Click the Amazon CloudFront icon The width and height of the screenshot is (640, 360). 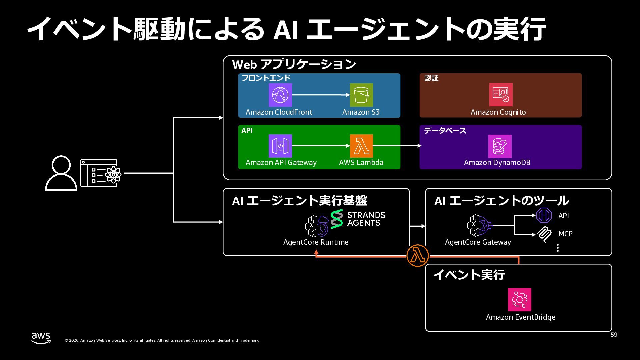coord(280,95)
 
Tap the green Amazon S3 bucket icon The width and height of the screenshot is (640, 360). coord(361,95)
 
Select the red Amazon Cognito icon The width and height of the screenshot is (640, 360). coord(501,95)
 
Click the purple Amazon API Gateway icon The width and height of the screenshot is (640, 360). coord(280,146)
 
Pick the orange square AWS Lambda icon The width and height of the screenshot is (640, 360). coord(361,146)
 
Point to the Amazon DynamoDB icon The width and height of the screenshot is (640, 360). coord(500,146)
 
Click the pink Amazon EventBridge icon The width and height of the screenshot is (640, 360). coord(519,300)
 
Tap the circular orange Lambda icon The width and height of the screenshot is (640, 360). coord(418,256)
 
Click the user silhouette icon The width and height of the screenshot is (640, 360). coord(61,173)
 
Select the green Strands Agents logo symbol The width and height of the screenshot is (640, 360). coord(337,219)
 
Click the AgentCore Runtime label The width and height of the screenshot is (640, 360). coord(316,242)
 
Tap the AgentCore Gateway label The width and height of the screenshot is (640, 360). coord(478,242)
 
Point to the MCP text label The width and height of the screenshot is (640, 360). coord(565,234)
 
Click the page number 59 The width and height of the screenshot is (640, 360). coord(614,335)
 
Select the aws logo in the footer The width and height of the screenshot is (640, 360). coord(41,338)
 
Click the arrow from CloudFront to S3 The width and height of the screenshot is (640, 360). coord(321,95)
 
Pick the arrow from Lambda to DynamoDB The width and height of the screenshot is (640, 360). coord(397,146)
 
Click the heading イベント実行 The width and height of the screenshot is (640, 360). coord(469,275)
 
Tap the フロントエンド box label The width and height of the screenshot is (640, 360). coord(266,78)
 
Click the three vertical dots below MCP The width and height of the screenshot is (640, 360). coord(558,248)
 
